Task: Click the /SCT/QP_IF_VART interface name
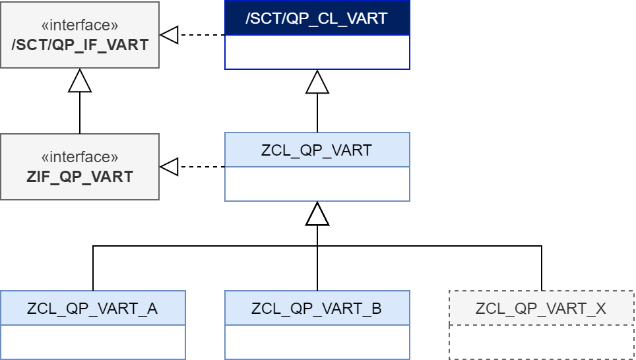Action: [x=80, y=45]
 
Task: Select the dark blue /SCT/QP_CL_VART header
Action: [x=317, y=18]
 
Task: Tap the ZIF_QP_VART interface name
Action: [x=80, y=177]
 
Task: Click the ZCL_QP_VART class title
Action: [x=317, y=150]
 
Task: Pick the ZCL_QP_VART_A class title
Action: [x=92, y=308]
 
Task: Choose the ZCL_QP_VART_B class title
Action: [x=317, y=308]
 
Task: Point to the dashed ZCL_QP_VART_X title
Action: [x=541, y=308]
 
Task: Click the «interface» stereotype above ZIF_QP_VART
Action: [x=80, y=158]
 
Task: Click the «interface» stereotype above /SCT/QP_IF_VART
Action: [x=80, y=26]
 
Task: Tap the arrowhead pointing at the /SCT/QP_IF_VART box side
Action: [x=169, y=35]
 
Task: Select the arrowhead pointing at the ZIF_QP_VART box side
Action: [x=169, y=167]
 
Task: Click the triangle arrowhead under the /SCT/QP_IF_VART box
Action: [x=80, y=80]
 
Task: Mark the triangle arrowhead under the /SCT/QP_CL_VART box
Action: [x=317, y=82]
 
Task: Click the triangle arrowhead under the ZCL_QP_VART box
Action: [x=317, y=214]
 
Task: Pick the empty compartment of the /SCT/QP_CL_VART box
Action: [x=317, y=52]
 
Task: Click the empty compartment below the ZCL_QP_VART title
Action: [x=317, y=184]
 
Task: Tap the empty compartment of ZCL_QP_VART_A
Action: [x=92, y=342]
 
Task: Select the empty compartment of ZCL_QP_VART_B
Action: [x=317, y=342]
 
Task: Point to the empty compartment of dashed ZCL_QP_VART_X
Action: [x=541, y=342]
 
